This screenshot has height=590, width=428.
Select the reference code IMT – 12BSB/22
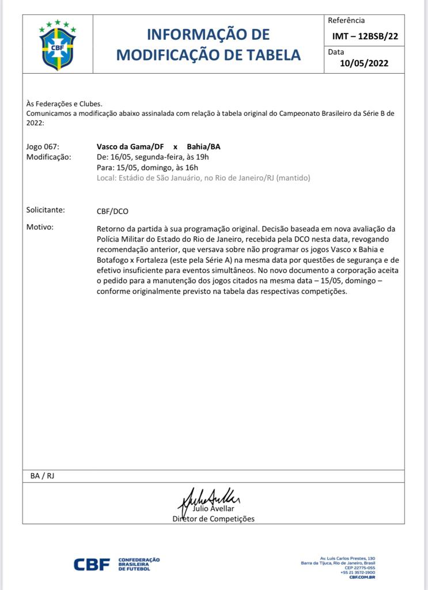365,36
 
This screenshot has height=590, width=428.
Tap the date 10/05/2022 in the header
364,63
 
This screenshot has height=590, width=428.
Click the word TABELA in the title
269,55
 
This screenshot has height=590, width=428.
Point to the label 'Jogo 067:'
43,146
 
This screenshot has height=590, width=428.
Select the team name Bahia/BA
203,146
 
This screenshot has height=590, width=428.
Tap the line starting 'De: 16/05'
152,157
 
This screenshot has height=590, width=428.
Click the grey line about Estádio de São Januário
203,178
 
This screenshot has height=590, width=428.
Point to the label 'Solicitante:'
46,210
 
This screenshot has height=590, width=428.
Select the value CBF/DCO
112,211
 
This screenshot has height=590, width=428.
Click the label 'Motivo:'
40,227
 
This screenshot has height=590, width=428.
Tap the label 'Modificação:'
49,157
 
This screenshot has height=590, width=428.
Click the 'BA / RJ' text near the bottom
42,476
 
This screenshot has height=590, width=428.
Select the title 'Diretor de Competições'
213,519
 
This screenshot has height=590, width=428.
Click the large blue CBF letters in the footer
92,565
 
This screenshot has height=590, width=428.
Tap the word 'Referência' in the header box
346,21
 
